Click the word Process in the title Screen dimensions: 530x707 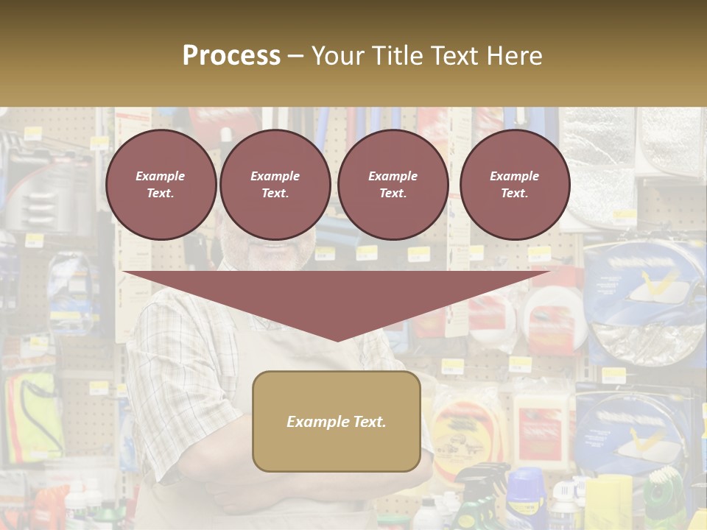coord(231,56)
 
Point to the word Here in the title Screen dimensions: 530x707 coord(513,56)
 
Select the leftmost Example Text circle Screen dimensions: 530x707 coord(161,185)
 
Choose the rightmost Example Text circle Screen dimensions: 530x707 coord(514,185)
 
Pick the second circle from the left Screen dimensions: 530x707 coord(275,185)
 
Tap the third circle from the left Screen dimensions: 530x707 coord(393,185)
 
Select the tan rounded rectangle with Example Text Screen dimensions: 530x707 coord(337,421)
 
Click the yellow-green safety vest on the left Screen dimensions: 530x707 coord(33,412)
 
